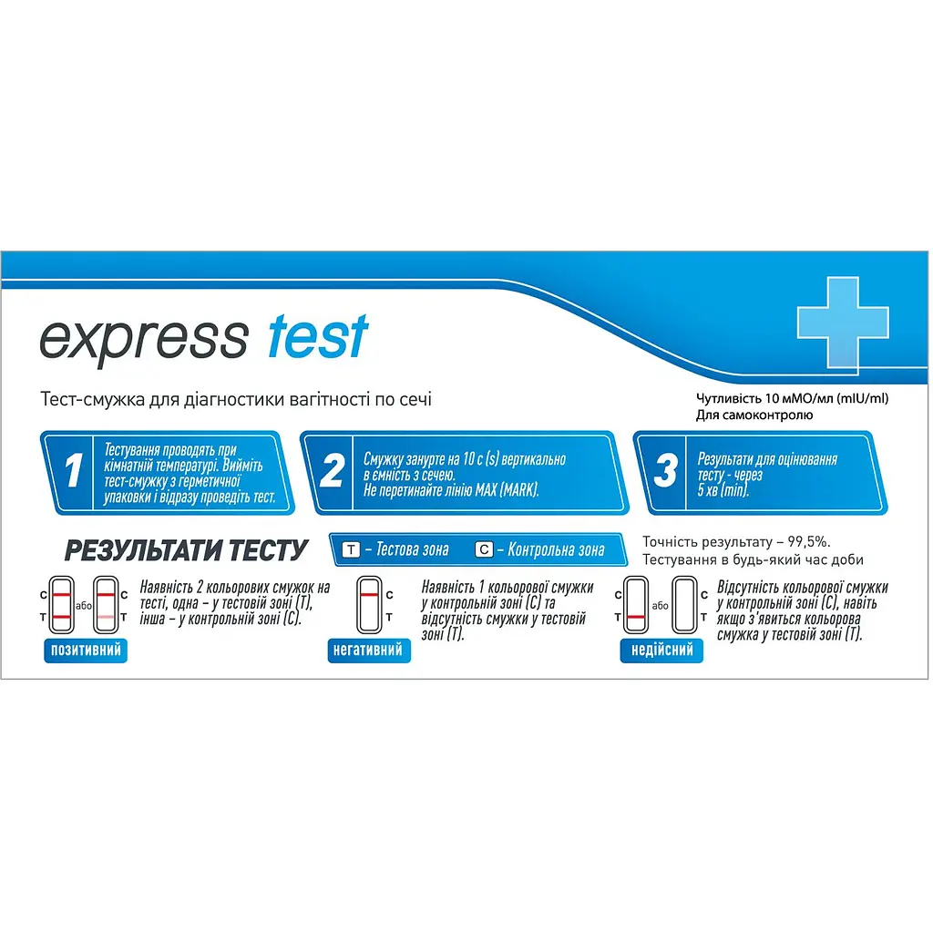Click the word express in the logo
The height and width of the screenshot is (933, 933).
(x=143, y=338)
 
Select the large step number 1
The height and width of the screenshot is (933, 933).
(x=72, y=472)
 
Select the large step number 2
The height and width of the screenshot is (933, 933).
(x=332, y=472)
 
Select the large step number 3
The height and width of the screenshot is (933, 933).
(x=666, y=472)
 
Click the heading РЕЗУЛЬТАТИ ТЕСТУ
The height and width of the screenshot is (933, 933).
(x=185, y=550)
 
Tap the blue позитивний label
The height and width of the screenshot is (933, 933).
(x=84, y=650)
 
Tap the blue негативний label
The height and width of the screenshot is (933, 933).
(x=369, y=650)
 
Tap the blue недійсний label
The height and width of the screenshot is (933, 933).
(x=661, y=650)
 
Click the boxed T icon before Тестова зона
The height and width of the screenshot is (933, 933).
(x=351, y=550)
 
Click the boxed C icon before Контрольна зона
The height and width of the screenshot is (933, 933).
(x=485, y=550)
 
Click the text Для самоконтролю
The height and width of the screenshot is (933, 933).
(x=754, y=415)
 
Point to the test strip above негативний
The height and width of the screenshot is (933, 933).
(x=369, y=605)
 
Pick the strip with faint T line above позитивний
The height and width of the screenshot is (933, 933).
(x=106, y=605)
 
